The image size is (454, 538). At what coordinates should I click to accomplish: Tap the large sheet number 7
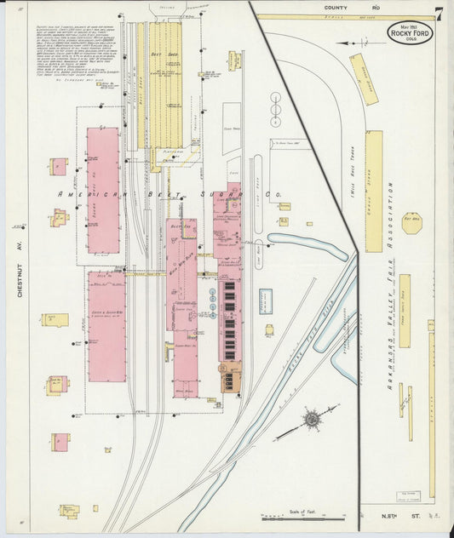point(438,14)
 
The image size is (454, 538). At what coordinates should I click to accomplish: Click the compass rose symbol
point(313,419)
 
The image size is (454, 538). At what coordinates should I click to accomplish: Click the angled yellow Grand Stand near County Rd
point(365,78)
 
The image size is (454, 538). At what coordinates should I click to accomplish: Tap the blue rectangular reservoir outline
point(266,300)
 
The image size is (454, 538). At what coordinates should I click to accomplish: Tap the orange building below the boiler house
point(231,375)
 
